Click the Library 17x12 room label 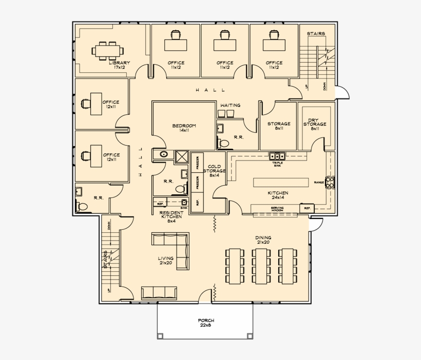(119, 65)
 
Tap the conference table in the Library (108, 50)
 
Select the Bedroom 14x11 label (184, 128)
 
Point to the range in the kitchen (331, 182)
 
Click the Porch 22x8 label (206, 323)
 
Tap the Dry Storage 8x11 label (315, 124)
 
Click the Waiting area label (230, 106)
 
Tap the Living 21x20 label (166, 260)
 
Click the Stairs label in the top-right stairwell (316, 34)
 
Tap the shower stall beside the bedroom (182, 156)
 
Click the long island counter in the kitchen (281, 182)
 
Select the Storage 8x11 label (279, 126)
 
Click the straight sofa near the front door (159, 293)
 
